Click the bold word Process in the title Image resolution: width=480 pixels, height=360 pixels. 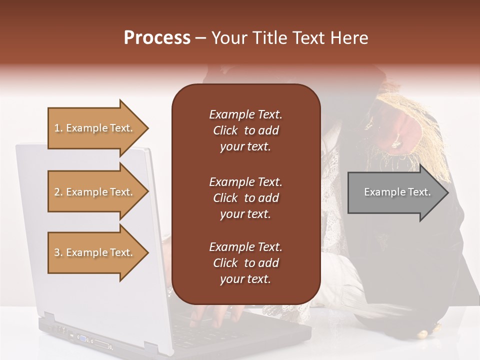tap(157, 37)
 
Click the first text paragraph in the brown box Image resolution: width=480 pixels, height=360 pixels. tap(245, 130)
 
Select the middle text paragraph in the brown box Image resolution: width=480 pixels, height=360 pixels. tap(245, 198)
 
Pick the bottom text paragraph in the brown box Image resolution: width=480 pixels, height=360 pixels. tap(245, 263)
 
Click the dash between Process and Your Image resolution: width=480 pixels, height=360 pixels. tap(201, 38)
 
